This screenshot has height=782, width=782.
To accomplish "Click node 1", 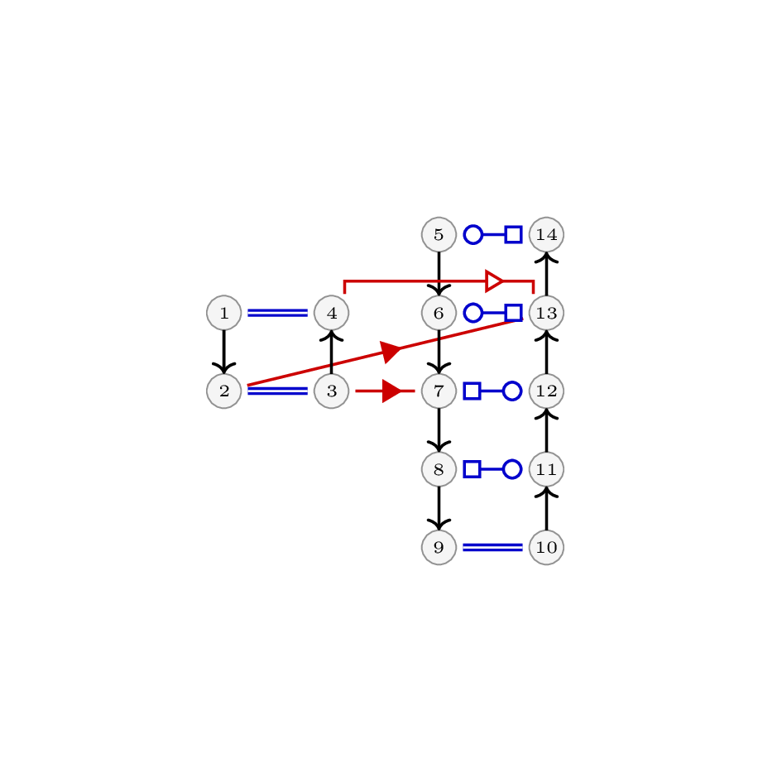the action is (x=224, y=313).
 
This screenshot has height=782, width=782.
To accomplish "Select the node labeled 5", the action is (x=439, y=234).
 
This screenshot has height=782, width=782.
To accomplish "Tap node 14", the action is (x=547, y=234).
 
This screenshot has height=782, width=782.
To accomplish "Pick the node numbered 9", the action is (x=439, y=547).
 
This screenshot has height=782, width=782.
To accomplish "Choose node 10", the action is (x=547, y=547).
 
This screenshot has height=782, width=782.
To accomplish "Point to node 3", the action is (x=332, y=391).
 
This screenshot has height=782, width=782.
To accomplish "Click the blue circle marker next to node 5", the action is (x=473, y=234).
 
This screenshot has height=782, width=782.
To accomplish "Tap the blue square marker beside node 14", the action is (x=513, y=234).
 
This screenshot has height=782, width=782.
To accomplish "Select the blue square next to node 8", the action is (x=473, y=469).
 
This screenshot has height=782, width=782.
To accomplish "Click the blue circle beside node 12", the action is (x=512, y=391).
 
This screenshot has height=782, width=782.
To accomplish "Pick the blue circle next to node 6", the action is (x=473, y=313).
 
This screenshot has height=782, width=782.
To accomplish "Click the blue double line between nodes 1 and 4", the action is (x=278, y=313).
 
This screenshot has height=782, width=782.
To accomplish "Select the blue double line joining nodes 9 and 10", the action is (x=492, y=547).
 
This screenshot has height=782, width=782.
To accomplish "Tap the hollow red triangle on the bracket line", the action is (x=494, y=281).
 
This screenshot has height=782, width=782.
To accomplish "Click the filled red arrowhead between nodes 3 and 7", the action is (x=391, y=391).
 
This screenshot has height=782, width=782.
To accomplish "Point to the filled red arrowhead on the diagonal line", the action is (x=390, y=351).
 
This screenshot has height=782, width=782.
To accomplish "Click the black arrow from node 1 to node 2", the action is (x=224, y=352).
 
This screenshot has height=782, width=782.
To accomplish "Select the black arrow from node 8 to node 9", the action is (x=439, y=509).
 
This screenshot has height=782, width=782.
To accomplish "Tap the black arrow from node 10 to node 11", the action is (x=547, y=508).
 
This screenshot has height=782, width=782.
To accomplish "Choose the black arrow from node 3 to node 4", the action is (x=332, y=352).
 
